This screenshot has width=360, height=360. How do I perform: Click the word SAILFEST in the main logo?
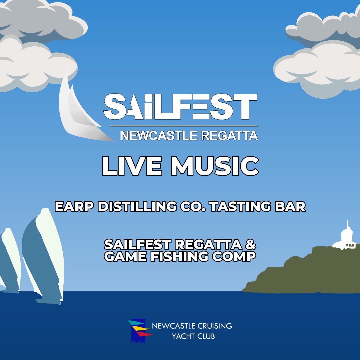pyautogui.click(x=180, y=107)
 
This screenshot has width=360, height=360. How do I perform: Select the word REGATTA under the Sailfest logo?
pyautogui.click(x=230, y=135)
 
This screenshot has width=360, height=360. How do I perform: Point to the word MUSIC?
pyautogui.click(x=215, y=166)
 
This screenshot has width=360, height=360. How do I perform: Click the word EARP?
pyautogui.click(x=74, y=206)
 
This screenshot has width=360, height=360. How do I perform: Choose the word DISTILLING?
pyautogui.click(x=137, y=206)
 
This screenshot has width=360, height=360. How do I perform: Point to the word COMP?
pyautogui.click(x=234, y=256)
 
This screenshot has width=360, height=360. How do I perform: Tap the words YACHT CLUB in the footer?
pyautogui.click(x=193, y=336)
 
